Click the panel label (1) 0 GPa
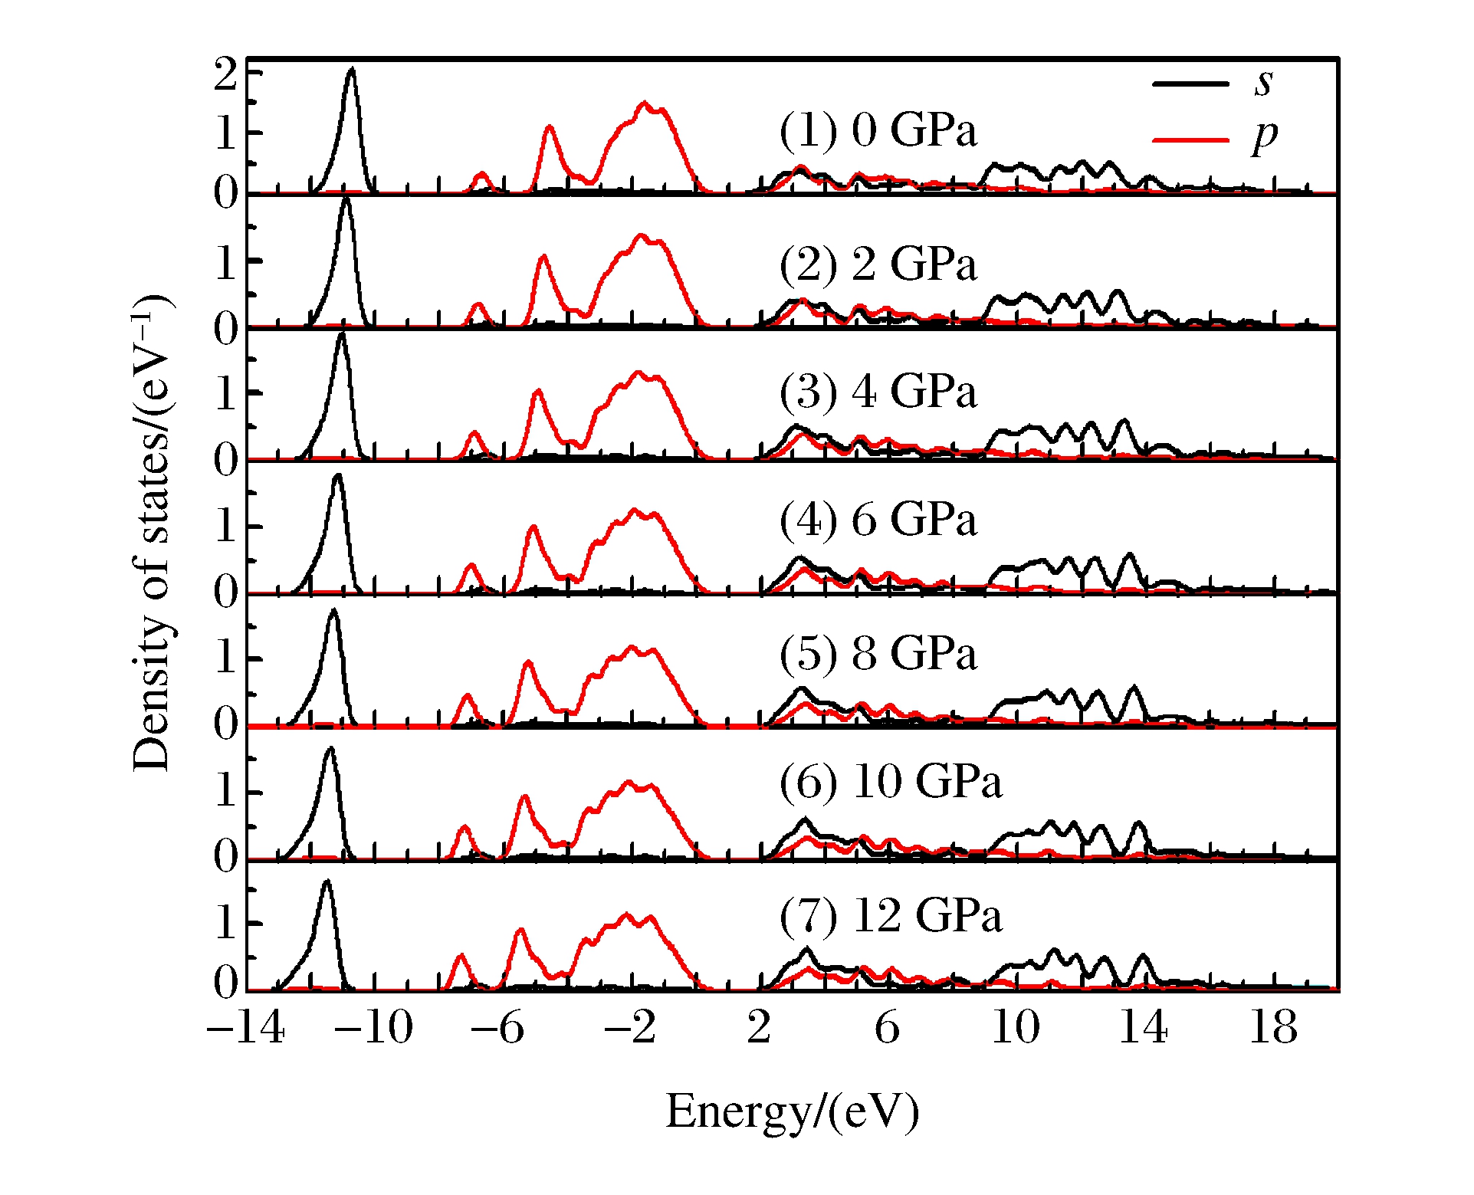coord(878,130)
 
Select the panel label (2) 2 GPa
coord(878,265)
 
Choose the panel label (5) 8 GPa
coord(878,654)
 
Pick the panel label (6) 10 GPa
coord(891,782)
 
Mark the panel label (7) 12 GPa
coord(891,915)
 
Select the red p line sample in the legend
coord(1190,140)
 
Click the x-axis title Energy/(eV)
coord(793,1111)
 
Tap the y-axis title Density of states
coord(152,533)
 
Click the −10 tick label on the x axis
coord(374,1027)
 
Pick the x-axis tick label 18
coord(1273,1027)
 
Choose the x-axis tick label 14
coord(1144,1027)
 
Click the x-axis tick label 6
coord(887,1027)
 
